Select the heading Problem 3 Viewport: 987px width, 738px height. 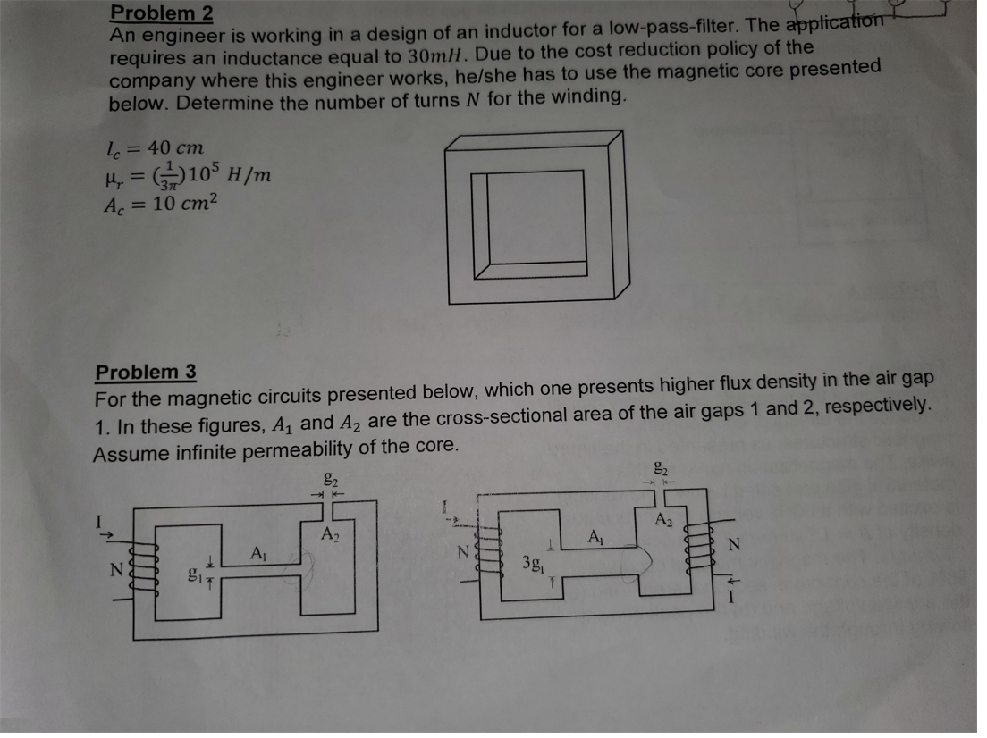[x=146, y=372]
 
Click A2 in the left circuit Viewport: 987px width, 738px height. [x=330, y=534]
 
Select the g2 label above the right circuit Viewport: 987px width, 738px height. [x=661, y=465]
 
